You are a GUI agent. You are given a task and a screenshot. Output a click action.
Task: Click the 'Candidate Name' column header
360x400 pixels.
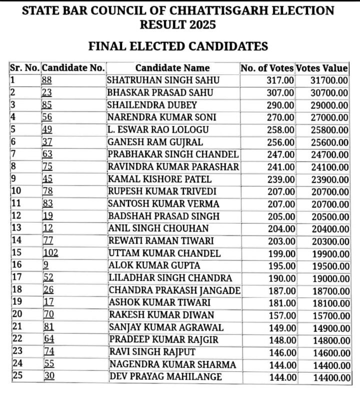point(172,68)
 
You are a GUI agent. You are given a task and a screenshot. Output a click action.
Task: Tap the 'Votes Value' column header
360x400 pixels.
point(321,68)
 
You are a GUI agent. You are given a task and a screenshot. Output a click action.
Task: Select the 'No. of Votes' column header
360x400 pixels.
point(266,68)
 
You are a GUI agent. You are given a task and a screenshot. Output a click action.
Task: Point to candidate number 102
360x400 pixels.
point(51,253)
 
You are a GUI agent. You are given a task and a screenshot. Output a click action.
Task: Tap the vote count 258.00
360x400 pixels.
point(281,130)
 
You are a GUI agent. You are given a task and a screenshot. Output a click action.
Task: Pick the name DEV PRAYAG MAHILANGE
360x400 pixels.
point(165,377)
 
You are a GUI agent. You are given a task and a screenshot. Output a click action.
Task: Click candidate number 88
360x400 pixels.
point(47,80)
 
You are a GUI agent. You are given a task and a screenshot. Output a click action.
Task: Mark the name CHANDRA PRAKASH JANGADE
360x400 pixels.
point(174,290)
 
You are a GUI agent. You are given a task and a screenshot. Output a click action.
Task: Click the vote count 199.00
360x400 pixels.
point(281,253)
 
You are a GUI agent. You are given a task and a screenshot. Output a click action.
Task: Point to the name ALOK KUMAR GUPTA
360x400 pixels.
point(154,266)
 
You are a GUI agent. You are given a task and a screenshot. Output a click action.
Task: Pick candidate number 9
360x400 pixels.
point(46,266)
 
